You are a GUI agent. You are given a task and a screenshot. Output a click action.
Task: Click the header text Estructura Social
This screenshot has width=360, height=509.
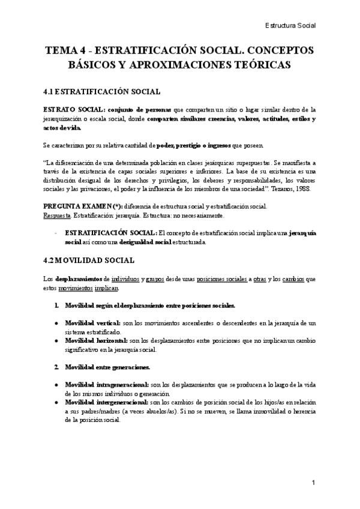pos(290,25)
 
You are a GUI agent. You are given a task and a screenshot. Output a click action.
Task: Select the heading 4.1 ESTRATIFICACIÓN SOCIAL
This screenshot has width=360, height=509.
pos(101,92)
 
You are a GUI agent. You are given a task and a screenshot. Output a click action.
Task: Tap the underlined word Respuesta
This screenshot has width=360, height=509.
pos(57,215)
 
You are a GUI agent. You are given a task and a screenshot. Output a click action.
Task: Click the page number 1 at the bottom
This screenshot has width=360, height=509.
pos(313,482)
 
